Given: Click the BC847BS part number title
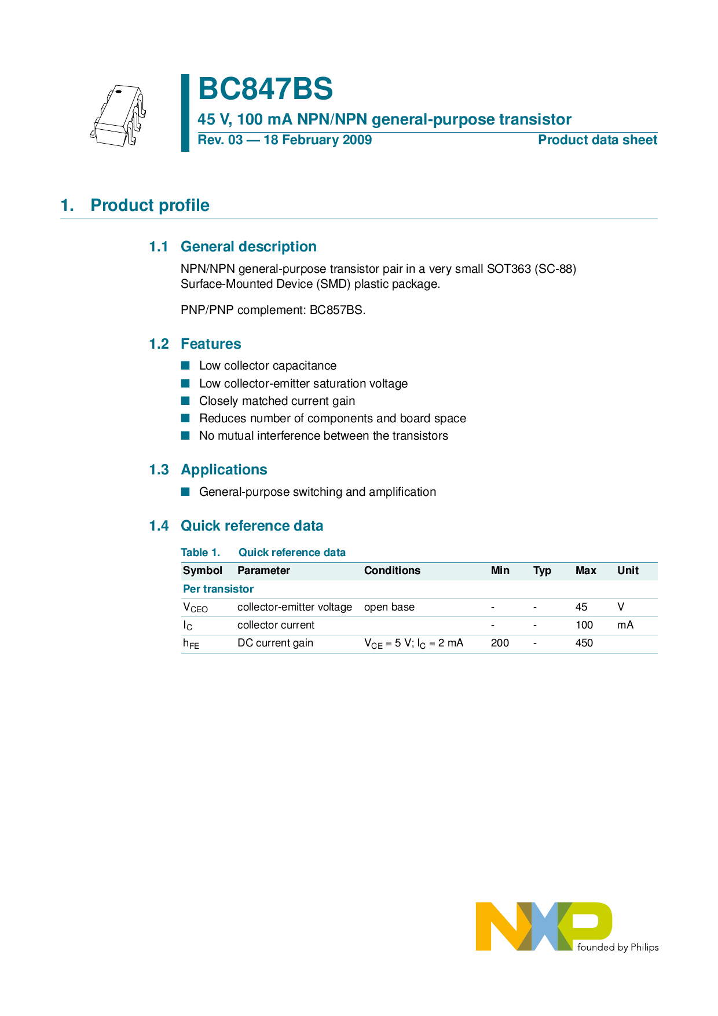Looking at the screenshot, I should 265,89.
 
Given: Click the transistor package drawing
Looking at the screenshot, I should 118,116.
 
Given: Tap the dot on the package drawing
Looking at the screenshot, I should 118,92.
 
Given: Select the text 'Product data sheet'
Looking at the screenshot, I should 597,140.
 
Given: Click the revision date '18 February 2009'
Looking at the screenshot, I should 317,140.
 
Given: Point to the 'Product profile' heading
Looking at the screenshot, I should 150,205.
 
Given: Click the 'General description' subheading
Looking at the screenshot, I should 248,247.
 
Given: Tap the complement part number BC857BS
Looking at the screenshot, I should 336,310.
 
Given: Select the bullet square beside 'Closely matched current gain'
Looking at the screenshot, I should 185,401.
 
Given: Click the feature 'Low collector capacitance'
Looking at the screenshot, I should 268,366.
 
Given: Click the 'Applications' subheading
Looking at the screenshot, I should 224,470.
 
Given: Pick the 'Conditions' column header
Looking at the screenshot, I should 392,571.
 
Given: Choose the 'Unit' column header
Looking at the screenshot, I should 628,571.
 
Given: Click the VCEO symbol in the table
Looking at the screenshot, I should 195,608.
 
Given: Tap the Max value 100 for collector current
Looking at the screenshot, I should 584,625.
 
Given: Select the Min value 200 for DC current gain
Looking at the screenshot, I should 500,643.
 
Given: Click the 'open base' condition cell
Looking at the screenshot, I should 389,607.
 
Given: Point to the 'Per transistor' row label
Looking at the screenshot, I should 218,589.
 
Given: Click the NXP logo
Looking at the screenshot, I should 543,926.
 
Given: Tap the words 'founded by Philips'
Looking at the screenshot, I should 618,948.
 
